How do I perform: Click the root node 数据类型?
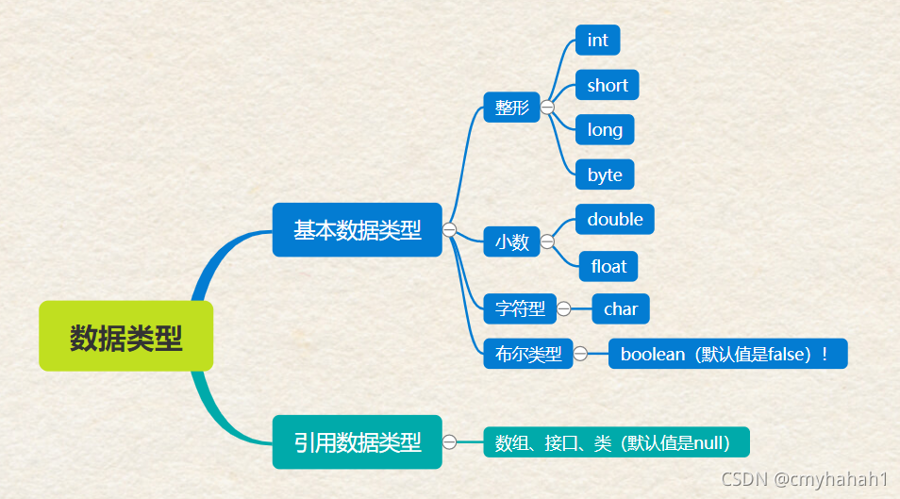[x=126, y=337]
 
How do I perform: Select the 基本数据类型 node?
[x=357, y=229]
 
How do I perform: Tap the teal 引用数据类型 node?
[x=357, y=441]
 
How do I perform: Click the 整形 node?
[x=511, y=107]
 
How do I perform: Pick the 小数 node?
[x=511, y=241]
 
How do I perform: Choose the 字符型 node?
[x=520, y=308]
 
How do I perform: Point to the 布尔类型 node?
[x=527, y=354]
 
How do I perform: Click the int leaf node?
[x=597, y=40]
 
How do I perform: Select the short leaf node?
[x=607, y=85]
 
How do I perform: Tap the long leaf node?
[x=604, y=129]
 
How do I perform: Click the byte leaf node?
[x=604, y=175]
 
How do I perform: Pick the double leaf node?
[x=614, y=219]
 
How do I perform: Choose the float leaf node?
[x=608, y=266]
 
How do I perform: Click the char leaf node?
[x=621, y=308]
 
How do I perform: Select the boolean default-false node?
[x=727, y=354]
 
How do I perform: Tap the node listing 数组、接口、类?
[x=616, y=441]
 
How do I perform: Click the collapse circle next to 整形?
[x=547, y=107]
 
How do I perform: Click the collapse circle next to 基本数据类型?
[x=449, y=229]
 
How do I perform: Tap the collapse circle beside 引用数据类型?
[x=449, y=441]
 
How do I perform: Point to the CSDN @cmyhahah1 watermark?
[x=805, y=479]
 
